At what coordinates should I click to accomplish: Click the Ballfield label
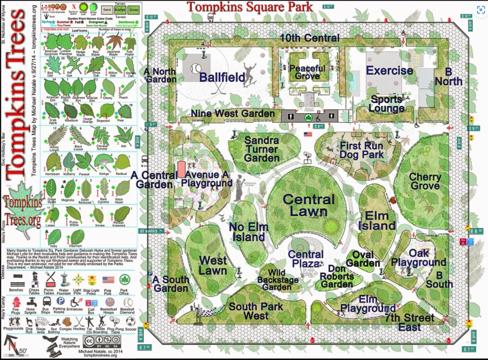[222, 77]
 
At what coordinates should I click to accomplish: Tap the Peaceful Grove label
[307, 72]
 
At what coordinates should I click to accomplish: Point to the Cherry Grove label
[425, 181]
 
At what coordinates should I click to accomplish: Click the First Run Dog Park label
[362, 150]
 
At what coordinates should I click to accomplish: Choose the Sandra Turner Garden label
[262, 149]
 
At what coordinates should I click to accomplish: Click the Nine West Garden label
[233, 114]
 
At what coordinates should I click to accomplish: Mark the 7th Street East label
[410, 322]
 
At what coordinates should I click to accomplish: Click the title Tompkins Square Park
[250, 7]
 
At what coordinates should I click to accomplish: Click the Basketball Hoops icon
[110, 302]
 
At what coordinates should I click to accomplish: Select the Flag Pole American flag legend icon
[108, 280]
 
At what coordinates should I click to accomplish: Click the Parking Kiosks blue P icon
[61, 301]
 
